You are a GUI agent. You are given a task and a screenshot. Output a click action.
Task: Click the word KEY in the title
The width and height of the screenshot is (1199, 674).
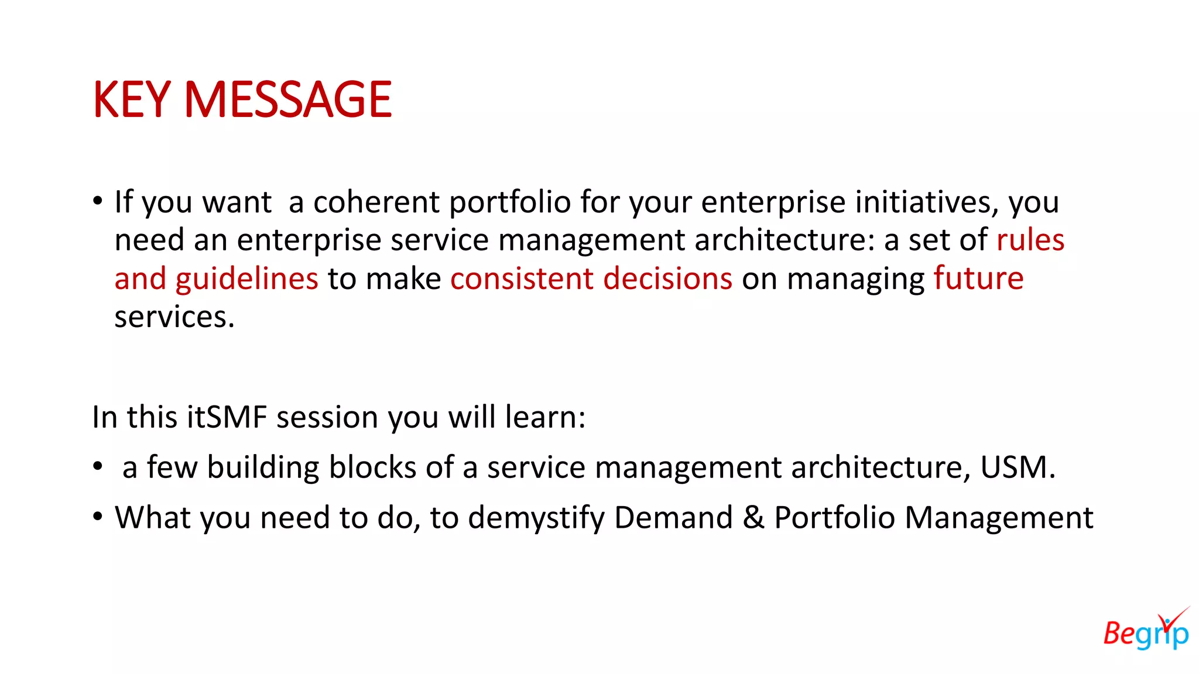coord(132,100)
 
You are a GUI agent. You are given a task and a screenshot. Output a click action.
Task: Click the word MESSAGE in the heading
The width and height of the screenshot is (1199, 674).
coord(287,100)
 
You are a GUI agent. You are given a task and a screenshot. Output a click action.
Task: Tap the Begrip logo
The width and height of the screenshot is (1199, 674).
coord(1146,630)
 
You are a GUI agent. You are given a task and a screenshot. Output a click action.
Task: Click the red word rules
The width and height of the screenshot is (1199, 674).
coord(1030,240)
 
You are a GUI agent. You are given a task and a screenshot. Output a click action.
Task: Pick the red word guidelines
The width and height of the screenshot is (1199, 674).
coord(246,279)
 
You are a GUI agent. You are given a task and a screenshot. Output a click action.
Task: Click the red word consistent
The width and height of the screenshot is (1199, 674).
coord(522,279)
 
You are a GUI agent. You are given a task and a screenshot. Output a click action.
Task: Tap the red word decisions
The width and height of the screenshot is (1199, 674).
coord(667,279)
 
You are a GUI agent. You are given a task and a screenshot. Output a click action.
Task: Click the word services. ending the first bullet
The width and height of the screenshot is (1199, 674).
coord(174,318)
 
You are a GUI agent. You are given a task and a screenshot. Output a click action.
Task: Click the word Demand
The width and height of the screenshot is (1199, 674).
coord(673,518)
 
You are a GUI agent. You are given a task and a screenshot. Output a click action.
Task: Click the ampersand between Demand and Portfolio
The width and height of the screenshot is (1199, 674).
coord(753,518)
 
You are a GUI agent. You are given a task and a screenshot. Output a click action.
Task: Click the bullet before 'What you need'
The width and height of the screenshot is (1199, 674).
coord(98,517)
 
